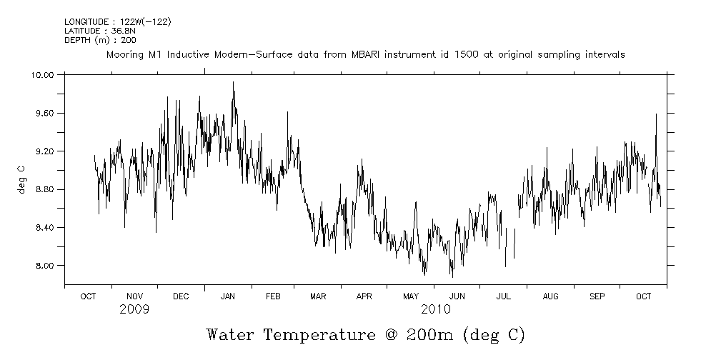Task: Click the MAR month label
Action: [x=318, y=296]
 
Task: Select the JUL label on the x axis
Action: [x=504, y=296]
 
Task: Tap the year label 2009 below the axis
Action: [x=134, y=309]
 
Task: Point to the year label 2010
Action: [x=435, y=309]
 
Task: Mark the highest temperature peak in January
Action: [x=233, y=83]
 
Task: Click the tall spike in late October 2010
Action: [x=656, y=114]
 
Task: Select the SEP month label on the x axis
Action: [x=597, y=296]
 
